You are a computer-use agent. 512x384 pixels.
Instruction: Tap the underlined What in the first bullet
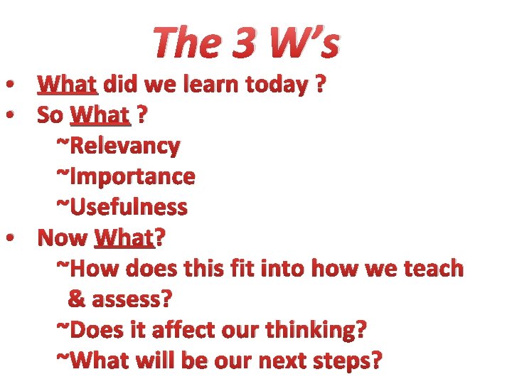coord(68,85)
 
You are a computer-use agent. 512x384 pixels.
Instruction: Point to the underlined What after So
coord(101,114)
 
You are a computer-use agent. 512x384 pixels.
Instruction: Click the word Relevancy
coord(124,146)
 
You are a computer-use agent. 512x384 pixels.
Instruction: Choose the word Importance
coord(132,176)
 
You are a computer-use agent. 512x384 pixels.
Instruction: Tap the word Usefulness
coord(128,207)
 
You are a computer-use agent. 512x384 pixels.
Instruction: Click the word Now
coord(62,238)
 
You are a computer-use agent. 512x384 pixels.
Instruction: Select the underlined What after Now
coord(124,238)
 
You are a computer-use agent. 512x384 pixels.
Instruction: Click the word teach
coord(431,269)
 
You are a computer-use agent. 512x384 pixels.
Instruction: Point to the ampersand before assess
coord(75,299)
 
